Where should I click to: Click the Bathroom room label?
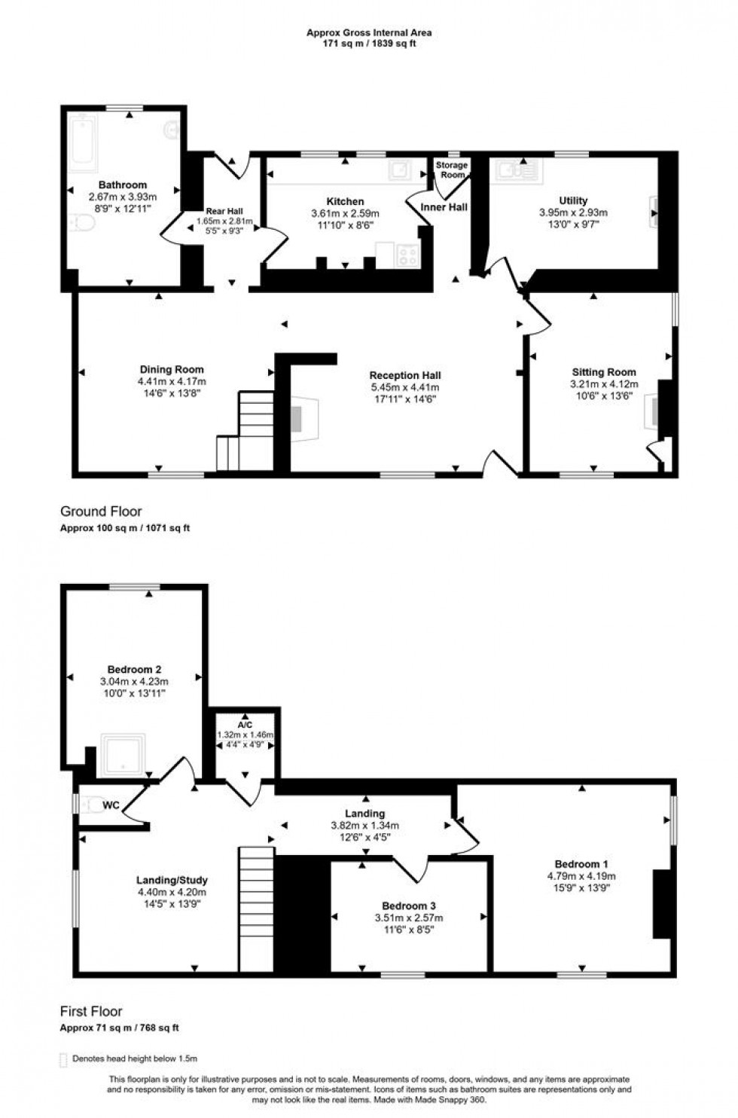pos(123,185)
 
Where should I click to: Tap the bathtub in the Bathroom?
pos(84,139)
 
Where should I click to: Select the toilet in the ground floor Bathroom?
pos(81,222)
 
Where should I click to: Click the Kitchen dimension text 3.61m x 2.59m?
pos(346,213)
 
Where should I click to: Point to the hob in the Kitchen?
pos(407,255)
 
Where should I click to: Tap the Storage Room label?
pos(452,170)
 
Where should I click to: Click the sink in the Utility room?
pos(516,170)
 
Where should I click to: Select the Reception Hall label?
pos(405,375)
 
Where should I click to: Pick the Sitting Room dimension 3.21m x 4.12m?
pos(604,384)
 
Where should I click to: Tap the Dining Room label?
pos(172,369)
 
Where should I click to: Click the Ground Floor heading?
pos(101,511)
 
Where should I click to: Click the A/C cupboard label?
pos(245,725)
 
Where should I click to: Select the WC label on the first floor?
pos(111,805)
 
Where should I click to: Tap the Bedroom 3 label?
pos(409,906)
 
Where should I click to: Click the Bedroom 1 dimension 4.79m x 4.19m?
pos(581,876)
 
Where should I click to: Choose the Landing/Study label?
pos(172,881)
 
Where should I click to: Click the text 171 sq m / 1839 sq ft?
pos(369,44)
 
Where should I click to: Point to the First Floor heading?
pos(91,1011)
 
